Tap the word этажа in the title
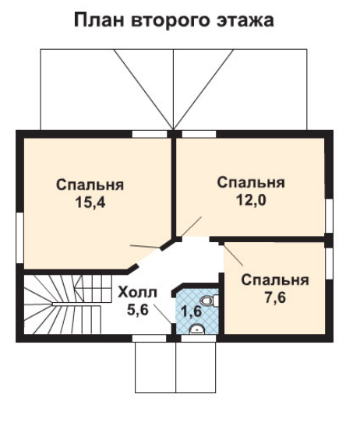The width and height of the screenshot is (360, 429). click(245, 21)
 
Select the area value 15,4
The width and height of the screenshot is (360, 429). click(90, 202)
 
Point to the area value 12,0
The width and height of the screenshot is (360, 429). click(251, 200)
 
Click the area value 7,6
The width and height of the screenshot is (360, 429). click(275, 297)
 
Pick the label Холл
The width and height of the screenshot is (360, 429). click(137, 292)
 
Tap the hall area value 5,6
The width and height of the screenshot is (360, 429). click(138, 310)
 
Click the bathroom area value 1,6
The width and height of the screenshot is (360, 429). click(192, 311)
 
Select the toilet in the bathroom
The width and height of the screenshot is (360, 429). click(210, 301)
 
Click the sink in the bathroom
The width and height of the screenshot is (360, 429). click(196, 329)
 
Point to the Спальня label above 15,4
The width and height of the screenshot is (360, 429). click(90, 185)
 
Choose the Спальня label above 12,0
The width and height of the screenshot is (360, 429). click(251, 183)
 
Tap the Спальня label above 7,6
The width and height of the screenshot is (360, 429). click(275, 280)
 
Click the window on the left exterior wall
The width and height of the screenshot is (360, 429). click(19, 238)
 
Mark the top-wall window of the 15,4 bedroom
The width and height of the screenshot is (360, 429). click(150, 134)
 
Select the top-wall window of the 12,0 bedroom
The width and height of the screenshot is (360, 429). click(199, 134)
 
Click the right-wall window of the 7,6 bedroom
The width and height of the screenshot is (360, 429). click(329, 263)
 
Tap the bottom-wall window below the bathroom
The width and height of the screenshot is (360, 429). click(199, 338)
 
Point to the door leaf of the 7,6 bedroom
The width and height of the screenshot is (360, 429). click(233, 255)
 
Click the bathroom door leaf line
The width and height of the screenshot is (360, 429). click(163, 314)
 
